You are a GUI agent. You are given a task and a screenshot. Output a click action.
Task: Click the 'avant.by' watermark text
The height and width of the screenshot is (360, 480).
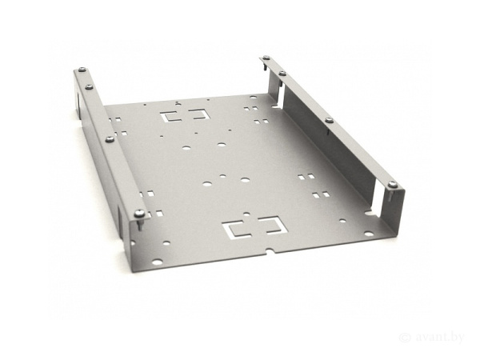tap(440, 338)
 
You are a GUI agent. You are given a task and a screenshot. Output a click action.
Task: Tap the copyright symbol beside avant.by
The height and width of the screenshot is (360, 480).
tap(405, 338)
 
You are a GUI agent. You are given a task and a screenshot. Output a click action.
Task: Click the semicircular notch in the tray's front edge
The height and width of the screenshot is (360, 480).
tap(270, 250)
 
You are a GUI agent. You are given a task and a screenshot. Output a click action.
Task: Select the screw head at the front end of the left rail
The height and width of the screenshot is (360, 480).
tap(139, 212)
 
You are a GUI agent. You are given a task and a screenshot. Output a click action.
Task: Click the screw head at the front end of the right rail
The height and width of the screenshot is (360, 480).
tap(393, 184)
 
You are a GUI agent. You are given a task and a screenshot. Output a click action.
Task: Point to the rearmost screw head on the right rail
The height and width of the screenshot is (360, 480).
tap(266, 58)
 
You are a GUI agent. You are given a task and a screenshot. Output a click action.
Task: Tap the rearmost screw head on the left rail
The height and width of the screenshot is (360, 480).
tap(82, 70)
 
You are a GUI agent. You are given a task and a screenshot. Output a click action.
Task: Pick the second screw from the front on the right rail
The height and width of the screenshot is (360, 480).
tap(329, 120)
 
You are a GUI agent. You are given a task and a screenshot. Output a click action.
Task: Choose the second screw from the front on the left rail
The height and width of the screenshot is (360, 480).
tap(110, 139)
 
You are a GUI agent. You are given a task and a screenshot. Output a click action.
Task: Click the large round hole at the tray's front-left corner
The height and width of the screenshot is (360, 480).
tap(157, 262)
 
